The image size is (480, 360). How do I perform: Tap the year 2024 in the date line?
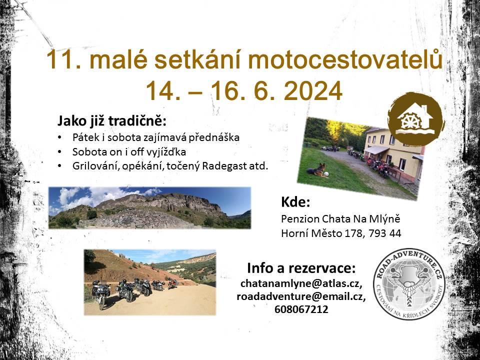(x=312, y=91)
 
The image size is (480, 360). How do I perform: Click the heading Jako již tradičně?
(x=111, y=121)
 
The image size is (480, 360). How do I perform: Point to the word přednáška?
(x=213, y=137)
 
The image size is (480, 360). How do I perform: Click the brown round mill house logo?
(x=415, y=119)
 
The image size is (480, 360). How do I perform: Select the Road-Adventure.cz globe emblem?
(x=409, y=284)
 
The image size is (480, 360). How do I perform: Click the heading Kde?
(x=295, y=202)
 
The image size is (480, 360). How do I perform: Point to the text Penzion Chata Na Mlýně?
(x=340, y=219)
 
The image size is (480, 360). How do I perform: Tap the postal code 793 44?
(x=385, y=233)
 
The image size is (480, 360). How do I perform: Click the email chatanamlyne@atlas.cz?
(x=301, y=284)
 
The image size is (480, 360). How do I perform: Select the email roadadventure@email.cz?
(x=301, y=296)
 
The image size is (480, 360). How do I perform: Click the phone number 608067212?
(x=301, y=309)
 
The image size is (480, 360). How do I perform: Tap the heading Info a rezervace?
(x=301, y=268)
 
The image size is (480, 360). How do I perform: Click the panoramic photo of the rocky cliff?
(x=149, y=208)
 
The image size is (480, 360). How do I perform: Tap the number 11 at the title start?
(x=64, y=59)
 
